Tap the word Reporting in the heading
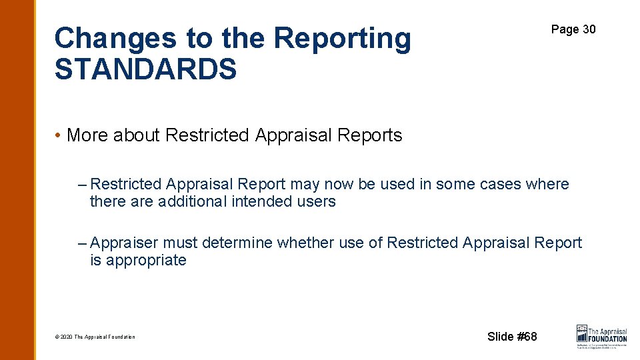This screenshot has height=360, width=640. [x=342, y=39]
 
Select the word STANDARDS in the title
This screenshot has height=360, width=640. [x=145, y=69]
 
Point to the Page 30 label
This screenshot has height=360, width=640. [x=573, y=29]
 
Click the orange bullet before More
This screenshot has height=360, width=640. [x=59, y=135]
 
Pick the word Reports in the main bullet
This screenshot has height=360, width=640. [x=370, y=135]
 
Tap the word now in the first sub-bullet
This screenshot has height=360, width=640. [x=339, y=184]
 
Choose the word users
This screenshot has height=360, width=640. [x=317, y=201]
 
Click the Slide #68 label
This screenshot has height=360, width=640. [x=512, y=337]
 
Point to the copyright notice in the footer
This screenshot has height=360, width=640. [x=95, y=337]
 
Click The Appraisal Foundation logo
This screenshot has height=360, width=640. [x=601, y=336]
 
